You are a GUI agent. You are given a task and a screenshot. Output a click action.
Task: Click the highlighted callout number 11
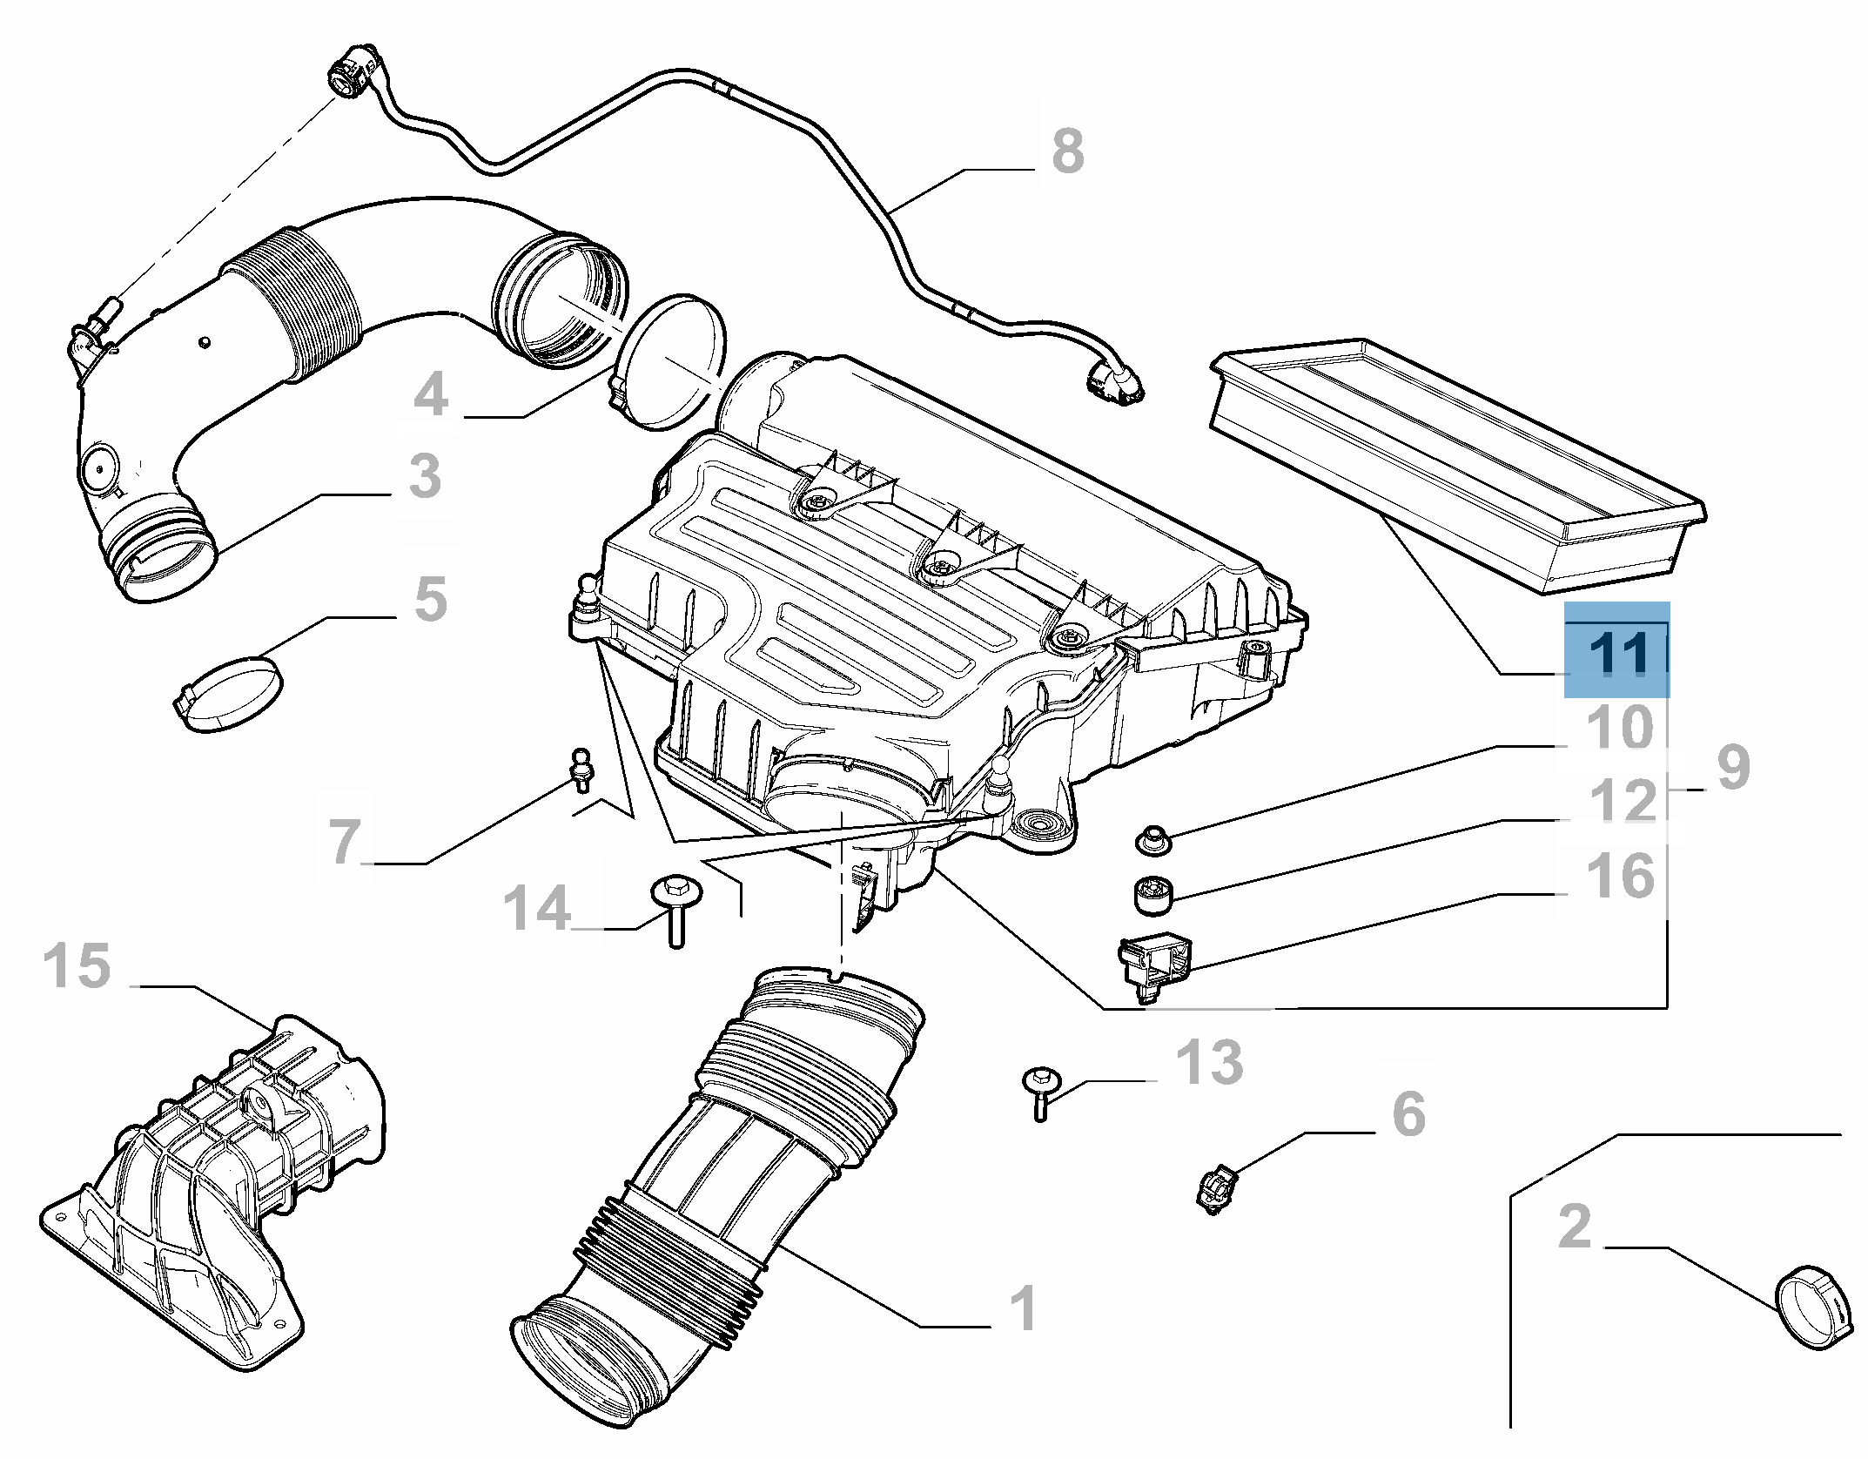[x=1617, y=653]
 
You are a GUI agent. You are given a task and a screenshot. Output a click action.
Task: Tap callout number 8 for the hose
[x=1068, y=151]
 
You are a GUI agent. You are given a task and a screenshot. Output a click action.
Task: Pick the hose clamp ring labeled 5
[x=230, y=693]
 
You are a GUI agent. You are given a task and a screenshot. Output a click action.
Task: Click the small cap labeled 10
[x=1153, y=840]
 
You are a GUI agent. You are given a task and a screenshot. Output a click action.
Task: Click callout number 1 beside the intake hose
[x=1024, y=1308]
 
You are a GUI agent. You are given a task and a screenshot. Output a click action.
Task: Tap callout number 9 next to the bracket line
[x=1732, y=767]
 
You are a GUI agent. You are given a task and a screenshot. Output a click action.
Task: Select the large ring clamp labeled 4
[x=670, y=361]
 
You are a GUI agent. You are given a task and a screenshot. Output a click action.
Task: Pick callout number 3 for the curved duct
[x=425, y=476]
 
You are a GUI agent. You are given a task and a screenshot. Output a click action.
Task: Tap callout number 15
[x=77, y=966]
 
